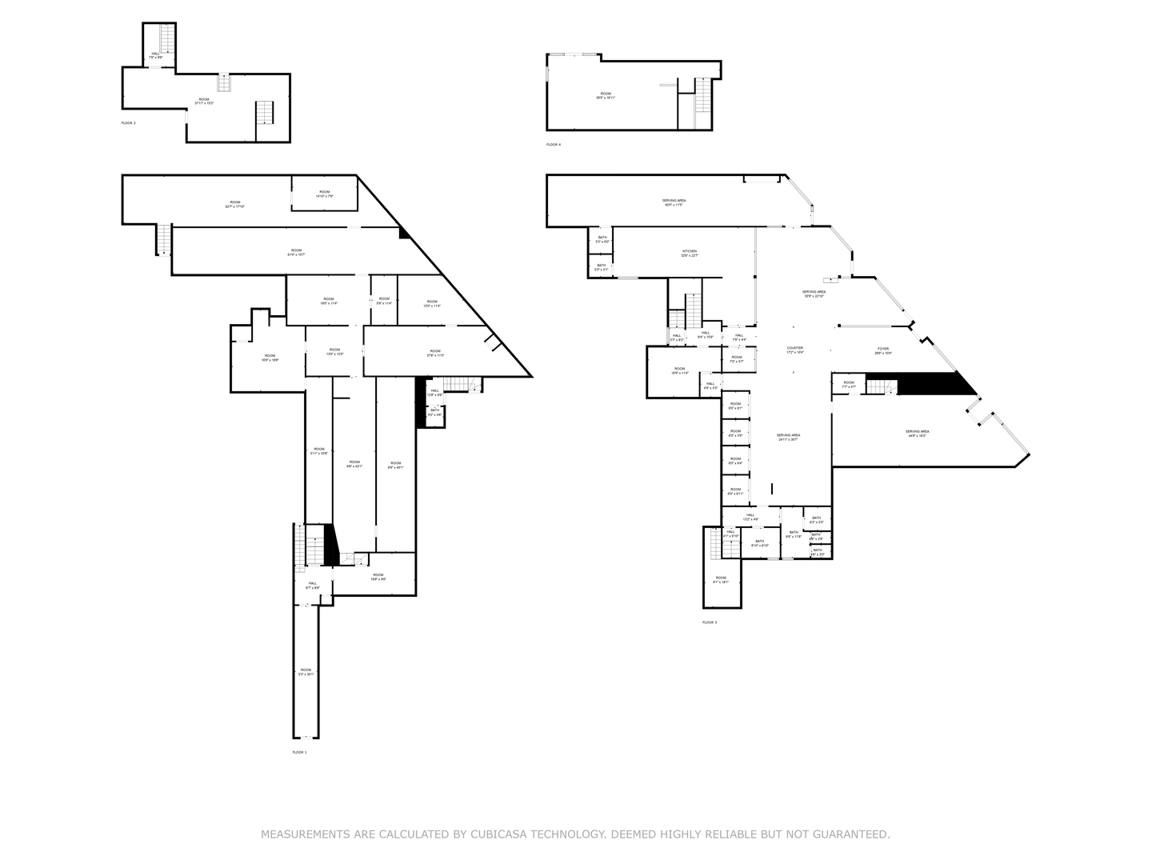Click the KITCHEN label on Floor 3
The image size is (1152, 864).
coord(690,254)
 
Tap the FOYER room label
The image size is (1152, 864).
coord(883,350)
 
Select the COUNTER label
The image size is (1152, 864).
coord(794,350)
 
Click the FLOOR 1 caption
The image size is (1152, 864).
coord(299,752)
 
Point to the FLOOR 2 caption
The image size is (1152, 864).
coord(128,123)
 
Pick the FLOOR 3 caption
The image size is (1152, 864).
coord(710,622)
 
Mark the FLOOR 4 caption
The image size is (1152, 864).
coord(554,145)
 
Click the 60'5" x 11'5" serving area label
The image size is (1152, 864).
coord(674,202)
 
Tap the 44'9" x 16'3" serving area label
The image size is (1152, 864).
coord(918,434)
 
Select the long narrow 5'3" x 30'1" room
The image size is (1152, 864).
coord(306,672)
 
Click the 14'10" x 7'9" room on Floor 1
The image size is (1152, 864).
coord(324,194)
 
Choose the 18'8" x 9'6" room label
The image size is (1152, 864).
coord(378,577)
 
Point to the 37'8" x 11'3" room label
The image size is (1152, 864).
coord(434,353)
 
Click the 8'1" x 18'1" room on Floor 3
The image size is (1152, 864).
coord(721,579)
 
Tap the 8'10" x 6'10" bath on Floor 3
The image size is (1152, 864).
coord(759,543)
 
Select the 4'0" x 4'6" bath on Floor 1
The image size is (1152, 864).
coord(434,412)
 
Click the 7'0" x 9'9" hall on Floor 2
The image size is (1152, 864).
coord(155,55)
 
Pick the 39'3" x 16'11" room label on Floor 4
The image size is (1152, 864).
coord(606,95)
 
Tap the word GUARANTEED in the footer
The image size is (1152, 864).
coord(847,834)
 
